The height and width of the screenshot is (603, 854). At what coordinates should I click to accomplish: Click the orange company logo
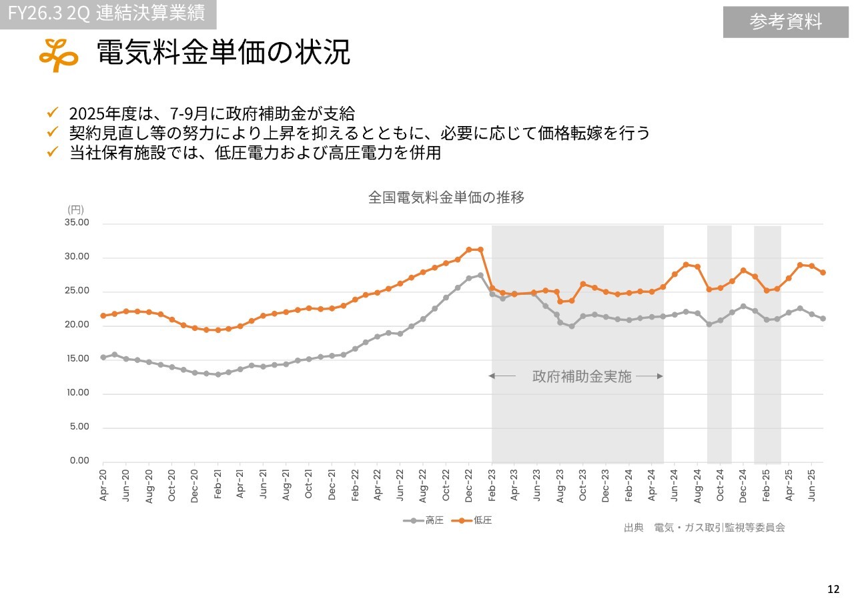coord(58,55)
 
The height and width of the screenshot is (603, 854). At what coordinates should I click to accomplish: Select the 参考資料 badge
coord(785,22)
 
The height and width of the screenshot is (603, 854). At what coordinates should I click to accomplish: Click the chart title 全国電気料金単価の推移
coord(446,197)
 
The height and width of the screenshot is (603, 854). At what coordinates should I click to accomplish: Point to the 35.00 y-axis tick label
coord(77,223)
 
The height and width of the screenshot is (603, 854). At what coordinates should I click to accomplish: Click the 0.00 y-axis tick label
coord(79,461)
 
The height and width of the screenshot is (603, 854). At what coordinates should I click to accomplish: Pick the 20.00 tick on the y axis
coord(77,325)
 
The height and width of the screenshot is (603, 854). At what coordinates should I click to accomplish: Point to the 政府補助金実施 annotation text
coord(581,376)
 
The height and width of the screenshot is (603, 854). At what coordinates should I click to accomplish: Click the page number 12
coord(833,589)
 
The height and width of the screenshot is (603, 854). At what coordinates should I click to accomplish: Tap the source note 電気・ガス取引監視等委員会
coord(719,528)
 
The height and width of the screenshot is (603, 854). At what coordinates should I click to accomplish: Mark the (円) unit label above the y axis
coord(75,209)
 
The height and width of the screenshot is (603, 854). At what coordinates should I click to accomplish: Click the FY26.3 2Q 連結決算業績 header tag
coord(107,13)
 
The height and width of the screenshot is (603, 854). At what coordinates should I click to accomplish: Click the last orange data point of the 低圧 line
coord(823,272)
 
